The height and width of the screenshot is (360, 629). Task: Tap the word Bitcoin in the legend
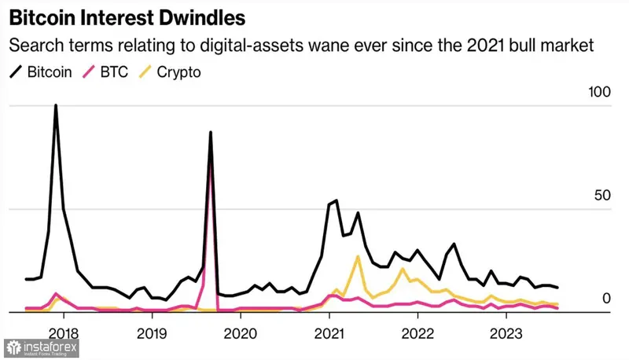[50, 72]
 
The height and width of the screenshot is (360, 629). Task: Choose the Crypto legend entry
[179, 72]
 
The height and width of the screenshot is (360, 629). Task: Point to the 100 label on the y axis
[599, 93]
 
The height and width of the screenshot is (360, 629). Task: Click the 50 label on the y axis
[603, 196]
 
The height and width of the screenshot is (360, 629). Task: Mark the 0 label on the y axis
[606, 298]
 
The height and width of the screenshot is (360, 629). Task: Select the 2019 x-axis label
[151, 332]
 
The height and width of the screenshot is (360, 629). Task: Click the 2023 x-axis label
[506, 332]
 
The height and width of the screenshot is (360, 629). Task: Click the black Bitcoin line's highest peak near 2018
[56, 105]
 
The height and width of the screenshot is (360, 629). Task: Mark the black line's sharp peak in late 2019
[211, 133]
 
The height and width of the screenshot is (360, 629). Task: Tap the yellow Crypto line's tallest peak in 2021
[359, 256]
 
